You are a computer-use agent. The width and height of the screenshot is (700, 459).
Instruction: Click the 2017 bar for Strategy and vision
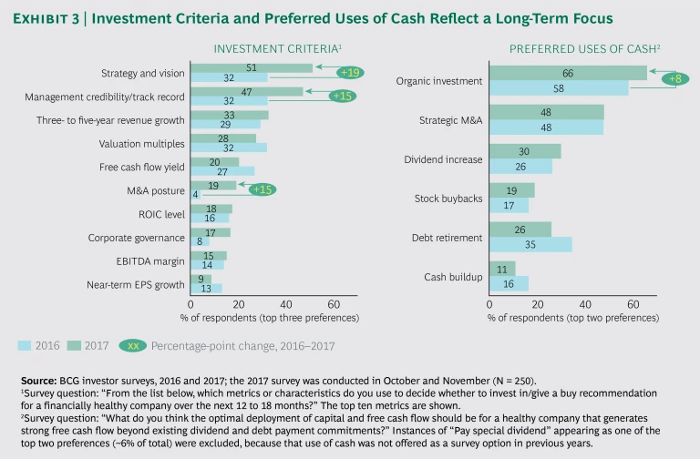251,67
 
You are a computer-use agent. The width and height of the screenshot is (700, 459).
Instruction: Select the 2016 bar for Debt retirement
530,244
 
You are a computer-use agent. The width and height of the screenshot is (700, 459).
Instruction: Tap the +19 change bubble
350,72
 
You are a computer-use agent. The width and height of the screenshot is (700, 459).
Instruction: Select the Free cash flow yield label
141,167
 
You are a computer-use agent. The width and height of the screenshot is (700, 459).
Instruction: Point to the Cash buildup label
453,276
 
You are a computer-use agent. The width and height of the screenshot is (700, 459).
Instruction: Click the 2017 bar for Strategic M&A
546,112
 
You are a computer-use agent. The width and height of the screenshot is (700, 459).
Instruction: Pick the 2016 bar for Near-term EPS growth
206,288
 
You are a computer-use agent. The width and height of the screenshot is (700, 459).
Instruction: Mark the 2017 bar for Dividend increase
525,151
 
